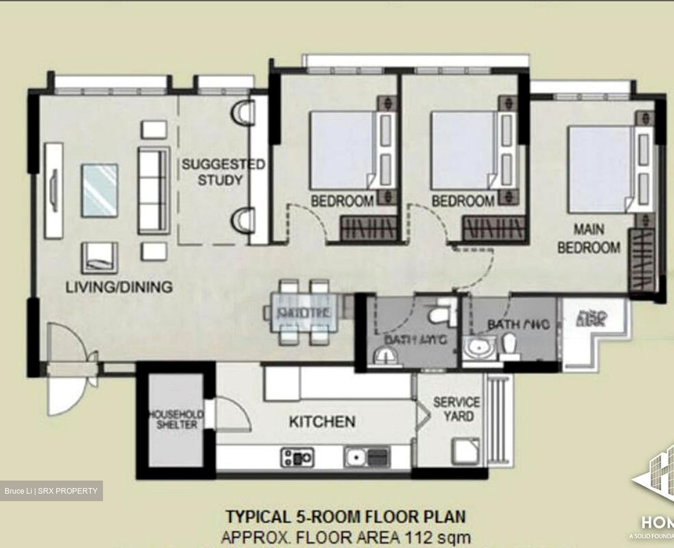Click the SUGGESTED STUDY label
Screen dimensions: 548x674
click(x=222, y=172)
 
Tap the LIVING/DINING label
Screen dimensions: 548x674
click(x=119, y=287)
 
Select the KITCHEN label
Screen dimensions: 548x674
click(x=322, y=422)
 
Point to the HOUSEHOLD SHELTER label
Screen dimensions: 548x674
click(x=176, y=420)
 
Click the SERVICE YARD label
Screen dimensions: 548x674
click(x=456, y=409)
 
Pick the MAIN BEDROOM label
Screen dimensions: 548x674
click(x=589, y=239)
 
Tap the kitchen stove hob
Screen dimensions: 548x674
click(x=297, y=457)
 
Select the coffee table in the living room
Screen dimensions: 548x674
click(x=99, y=190)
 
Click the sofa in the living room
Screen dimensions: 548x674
click(x=152, y=190)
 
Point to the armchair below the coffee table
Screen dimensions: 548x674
click(x=99, y=257)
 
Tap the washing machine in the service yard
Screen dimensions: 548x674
click(x=465, y=451)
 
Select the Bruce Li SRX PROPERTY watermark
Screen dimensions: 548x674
click(x=51, y=491)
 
